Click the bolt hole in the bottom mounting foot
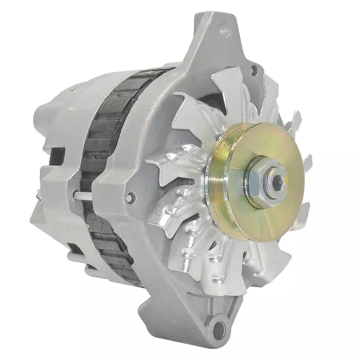tap(218, 328)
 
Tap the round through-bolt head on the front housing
tap(130, 197)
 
